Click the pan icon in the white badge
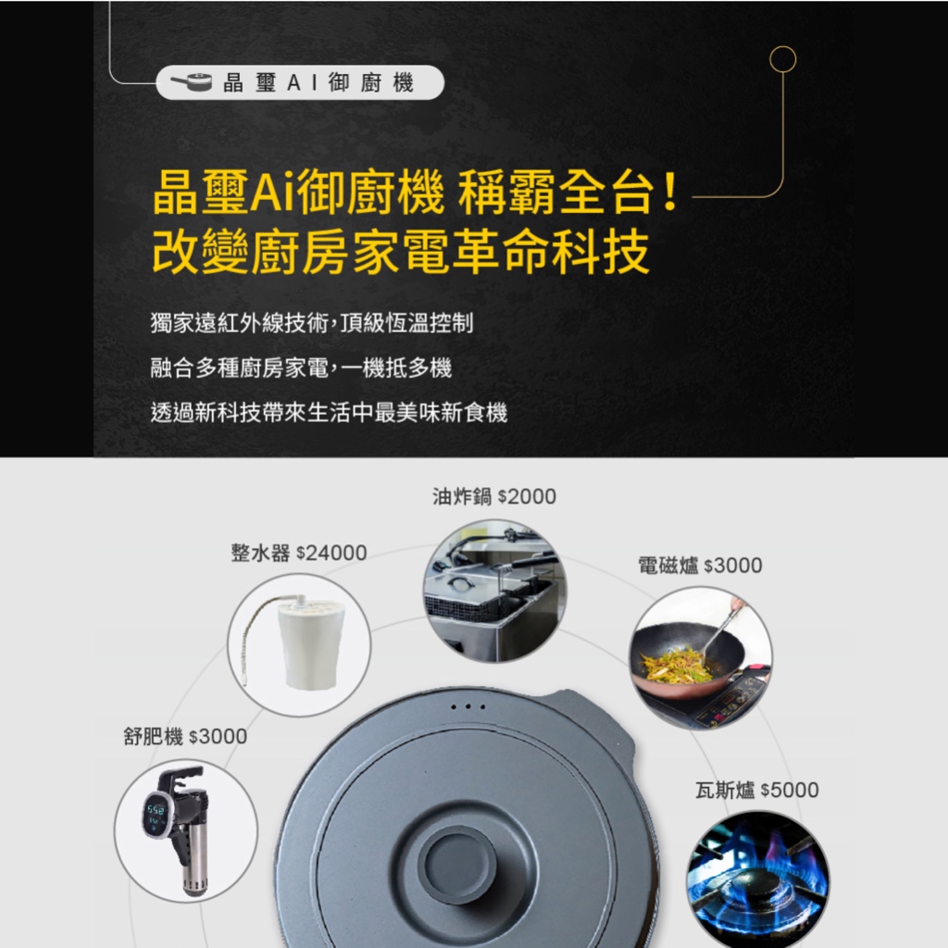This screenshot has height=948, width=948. click(x=191, y=82)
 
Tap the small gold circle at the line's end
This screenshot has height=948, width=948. click(x=782, y=59)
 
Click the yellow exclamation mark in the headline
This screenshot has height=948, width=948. click(x=669, y=192)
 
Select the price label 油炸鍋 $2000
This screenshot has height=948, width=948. click(x=494, y=496)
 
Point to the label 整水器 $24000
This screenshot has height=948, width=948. click(x=299, y=553)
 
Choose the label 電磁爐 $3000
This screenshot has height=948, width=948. click(x=700, y=566)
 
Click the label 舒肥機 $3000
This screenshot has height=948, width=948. click(x=185, y=736)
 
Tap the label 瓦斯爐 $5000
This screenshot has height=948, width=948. click(x=757, y=790)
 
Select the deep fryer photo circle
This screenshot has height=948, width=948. click(x=494, y=591)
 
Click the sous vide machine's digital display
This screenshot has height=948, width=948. click(x=156, y=814)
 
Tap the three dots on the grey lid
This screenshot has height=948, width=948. click(x=468, y=706)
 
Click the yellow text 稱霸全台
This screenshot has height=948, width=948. click(x=556, y=193)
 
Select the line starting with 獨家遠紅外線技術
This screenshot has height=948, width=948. click(x=312, y=323)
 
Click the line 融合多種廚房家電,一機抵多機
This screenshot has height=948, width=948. click(x=301, y=368)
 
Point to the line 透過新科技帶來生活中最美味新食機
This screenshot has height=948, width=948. click(x=329, y=412)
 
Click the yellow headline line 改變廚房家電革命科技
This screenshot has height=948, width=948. click(x=401, y=252)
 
